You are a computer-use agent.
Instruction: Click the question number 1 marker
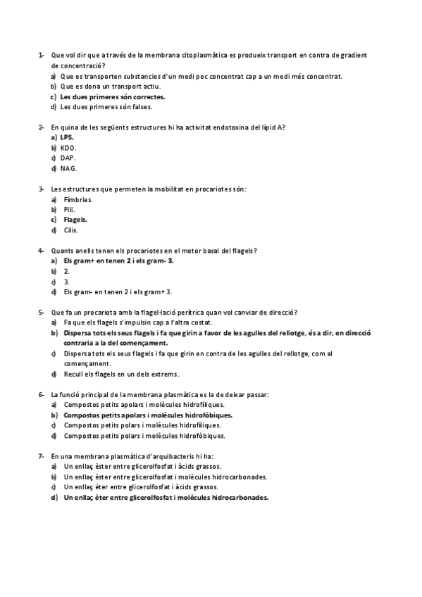pyautogui.click(x=40, y=55)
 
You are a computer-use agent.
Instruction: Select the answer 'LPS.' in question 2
pyautogui.click(x=67, y=137)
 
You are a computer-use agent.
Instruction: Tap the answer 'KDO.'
pyautogui.click(x=68, y=148)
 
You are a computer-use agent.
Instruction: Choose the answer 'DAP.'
pyautogui.click(x=68, y=158)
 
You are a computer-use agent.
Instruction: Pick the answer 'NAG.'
pyautogui.click(x=68, y=169)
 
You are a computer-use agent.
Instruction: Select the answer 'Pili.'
pyautogui.click(x=68, y=210)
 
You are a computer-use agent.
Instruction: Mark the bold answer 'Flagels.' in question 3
pyautogui.click(x=75, y=220)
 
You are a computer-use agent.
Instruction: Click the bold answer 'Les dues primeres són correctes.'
pyautogui.click(x=113, y=96)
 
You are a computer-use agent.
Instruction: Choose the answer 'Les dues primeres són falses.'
pyautogui.click(x=106, y=107)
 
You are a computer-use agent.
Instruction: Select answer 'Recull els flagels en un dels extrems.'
pyautogui.click(x=121, y=374)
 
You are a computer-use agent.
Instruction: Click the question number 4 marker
pyautogui.click(x=40, y=251)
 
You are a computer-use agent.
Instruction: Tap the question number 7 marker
pyautogui.click(x=40, y=455)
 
